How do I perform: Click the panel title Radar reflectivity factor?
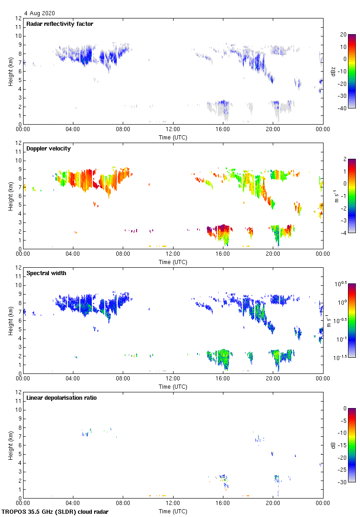tap(60, 24)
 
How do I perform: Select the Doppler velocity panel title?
tap(48, 149)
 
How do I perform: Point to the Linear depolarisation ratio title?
tap(61, 398)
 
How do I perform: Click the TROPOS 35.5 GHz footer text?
tap(55, 511)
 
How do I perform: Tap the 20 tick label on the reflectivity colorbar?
tap(343, 35)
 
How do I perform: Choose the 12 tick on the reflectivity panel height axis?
tap(18, 18)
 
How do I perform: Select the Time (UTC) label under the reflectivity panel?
tap(173, 137)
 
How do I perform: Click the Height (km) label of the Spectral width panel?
tap(10, 321)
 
